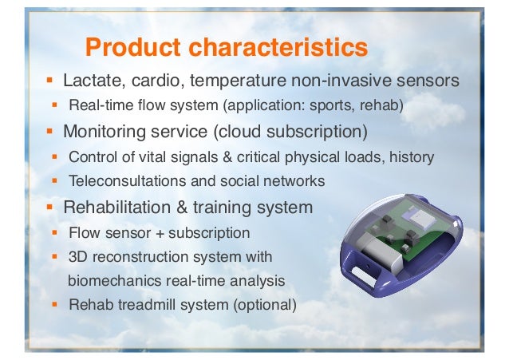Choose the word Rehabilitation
[116, 208]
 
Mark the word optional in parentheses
[268, 304]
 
